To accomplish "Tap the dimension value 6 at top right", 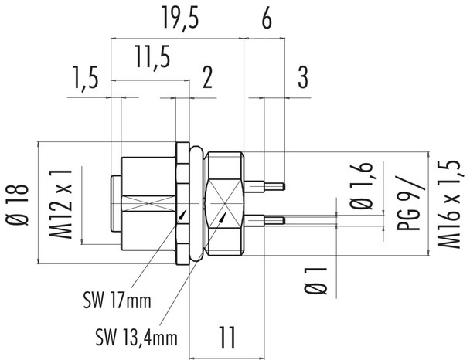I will click(x=266, y=21).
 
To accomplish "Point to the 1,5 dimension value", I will click(x=88, y=79).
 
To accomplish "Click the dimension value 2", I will click(x=207, y=79).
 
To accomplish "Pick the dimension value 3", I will click(x=303, y=79).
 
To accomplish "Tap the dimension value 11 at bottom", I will click(x=226, y=337).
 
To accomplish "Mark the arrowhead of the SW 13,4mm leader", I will click(x=227, y=216).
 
